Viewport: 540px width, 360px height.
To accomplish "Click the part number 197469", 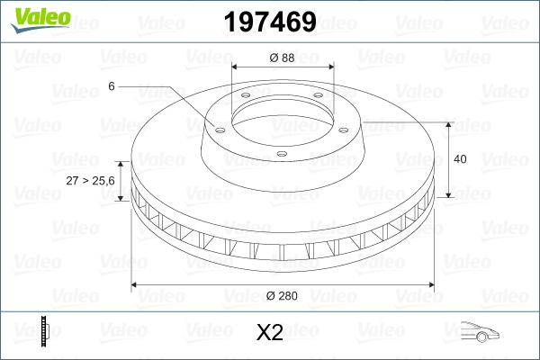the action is [x=270, y=22].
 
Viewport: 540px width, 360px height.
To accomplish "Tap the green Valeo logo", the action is [x=41, y=20].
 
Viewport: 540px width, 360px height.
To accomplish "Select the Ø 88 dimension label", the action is [x=282, y=58].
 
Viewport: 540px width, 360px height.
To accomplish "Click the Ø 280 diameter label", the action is [x=282, y=296].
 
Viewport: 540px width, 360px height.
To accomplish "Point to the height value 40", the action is [x=460, y=159].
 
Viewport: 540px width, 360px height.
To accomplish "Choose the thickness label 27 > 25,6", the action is [x=90, y=181].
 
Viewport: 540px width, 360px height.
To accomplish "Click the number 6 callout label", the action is [x=112, y=86].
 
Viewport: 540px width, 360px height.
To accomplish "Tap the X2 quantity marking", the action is [x=270, y=333].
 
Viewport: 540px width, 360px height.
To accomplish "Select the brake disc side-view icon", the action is [x=44, y=331].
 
